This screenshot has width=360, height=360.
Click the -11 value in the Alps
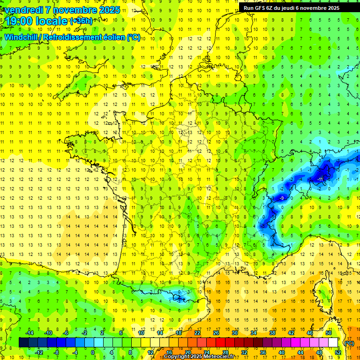pos(320,179)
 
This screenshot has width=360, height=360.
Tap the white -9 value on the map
pos(281,198)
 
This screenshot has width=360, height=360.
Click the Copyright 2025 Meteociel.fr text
pos(206,357)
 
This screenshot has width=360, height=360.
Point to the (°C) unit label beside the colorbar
pos(349,343)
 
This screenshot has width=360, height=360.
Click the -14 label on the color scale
pos(30,332)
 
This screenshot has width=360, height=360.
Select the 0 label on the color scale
pos(93,352)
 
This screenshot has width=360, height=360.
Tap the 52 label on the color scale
pos(337,352)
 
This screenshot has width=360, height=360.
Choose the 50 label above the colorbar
pos(328,332)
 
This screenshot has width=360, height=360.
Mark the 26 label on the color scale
pos(216,332)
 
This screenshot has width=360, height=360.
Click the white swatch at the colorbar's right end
pos(333,343)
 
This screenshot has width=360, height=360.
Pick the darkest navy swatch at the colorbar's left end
pos(23,343)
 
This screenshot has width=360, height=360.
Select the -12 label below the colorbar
pos(39,352)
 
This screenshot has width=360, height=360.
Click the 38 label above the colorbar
pos(272,332)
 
